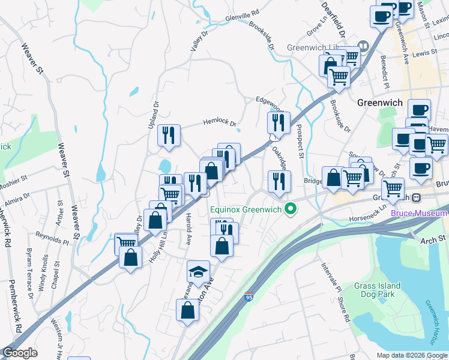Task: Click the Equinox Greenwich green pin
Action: coord(291,209)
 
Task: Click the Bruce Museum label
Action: coord(418,213)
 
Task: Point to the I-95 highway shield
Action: coord(249,296)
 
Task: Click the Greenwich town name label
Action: coord(379,103)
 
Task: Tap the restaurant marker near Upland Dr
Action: coord(169,135)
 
